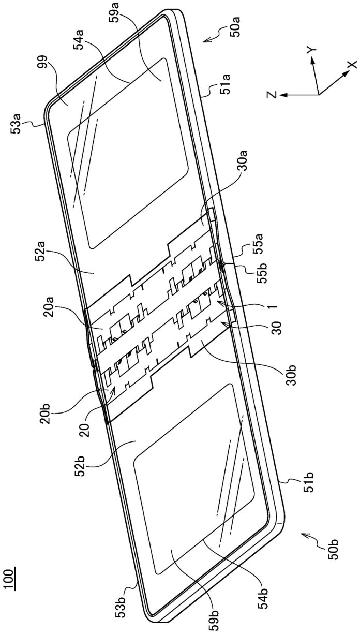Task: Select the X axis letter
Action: [x=352, y=65]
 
